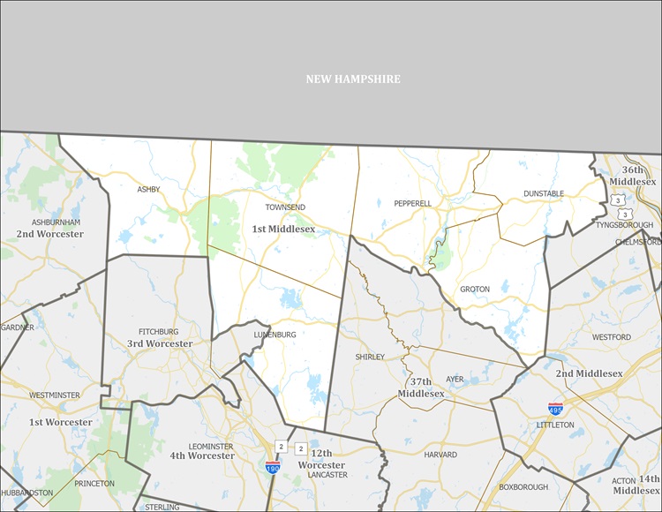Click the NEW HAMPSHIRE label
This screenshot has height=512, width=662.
(353, 79)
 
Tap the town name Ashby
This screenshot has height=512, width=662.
(149, 190)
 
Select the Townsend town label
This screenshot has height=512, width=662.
(285, 207)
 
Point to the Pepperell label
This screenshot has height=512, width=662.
(412, 204)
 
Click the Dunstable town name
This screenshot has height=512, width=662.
(543, 193)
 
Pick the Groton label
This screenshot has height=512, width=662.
(474, 290)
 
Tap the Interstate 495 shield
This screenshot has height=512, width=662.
(555, 410)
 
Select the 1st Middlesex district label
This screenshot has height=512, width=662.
(283, 230)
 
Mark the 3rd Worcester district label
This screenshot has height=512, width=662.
(160, 343)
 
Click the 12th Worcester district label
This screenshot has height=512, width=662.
(320, 459)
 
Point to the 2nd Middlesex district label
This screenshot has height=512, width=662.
(589, 373)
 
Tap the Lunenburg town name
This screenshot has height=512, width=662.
(275, 335)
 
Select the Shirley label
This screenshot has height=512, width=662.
(370, 358)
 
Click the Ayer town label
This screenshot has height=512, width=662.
(455, 380)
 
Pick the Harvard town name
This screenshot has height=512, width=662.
(440, 456)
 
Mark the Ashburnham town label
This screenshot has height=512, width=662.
(56, 222)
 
